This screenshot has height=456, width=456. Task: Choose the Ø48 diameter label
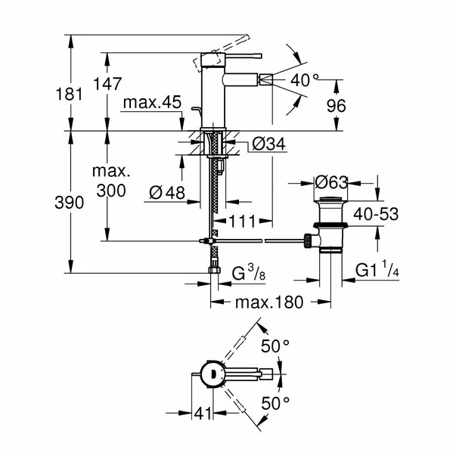pyautogui.click(x=167, y=193)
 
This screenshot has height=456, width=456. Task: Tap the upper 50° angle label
pyautogui.click(x=276, y=346)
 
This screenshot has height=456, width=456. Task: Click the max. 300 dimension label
pyautogui.click(x=111, y=182)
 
